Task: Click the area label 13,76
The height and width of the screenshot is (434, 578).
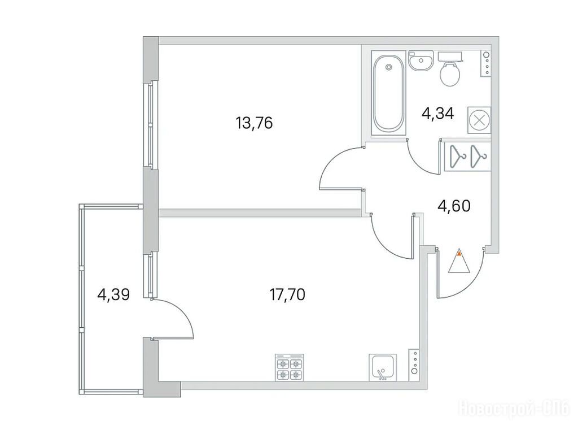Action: [x=254, y=123]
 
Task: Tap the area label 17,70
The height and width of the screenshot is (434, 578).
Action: [x=287, y=295]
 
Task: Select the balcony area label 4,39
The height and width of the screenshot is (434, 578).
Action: [x=113, y=294]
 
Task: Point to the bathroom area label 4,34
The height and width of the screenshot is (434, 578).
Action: [x=437, y=113]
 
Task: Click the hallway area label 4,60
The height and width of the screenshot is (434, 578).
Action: [x=454, y=206]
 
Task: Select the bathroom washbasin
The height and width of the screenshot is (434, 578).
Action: [x=421, y=61]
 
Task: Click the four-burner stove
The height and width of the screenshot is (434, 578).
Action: [x=290, y=367]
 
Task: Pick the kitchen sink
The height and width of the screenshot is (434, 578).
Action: [x=383, y=367]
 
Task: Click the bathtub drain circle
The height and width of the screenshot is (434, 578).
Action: [x=388, y=67]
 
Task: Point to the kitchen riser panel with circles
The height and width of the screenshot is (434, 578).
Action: [x=415, y=364]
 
